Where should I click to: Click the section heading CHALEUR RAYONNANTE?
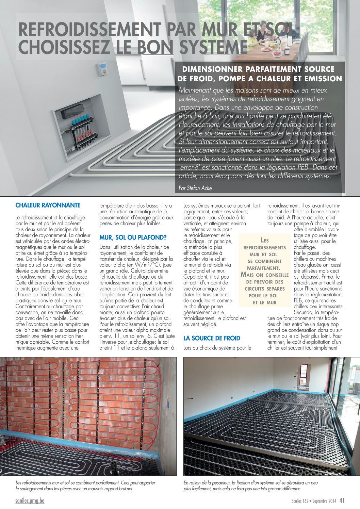[48, 205]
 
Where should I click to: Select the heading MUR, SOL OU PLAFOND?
[133, 237]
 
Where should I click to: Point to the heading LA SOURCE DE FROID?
[212, 338]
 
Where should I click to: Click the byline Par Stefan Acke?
[195, 188]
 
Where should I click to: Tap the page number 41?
[342, 500]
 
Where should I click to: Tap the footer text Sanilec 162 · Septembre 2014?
[313, 501]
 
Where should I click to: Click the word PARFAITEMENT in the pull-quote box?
[264, 268]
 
